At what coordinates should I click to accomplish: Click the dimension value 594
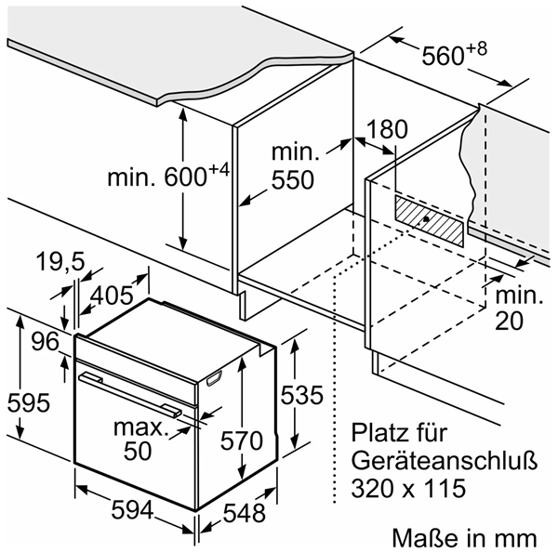[132, 510]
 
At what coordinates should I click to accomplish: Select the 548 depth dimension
[244, 513]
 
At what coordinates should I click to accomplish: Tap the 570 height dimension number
[241, 441]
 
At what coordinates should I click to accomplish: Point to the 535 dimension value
[301, 395]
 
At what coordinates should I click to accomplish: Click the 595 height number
[29, 403]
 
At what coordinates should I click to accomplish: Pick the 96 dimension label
[45, 342]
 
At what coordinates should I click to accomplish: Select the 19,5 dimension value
[60, 262]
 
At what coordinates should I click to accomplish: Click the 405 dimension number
[112, 296]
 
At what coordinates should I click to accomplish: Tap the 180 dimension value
[387, 129]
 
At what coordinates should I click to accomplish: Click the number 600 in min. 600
[185, 177]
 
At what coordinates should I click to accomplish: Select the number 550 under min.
[293, 179]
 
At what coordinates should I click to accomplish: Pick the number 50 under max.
[138, 451]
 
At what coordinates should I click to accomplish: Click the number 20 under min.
[510, 321]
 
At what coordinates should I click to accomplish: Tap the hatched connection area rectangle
[429, 220]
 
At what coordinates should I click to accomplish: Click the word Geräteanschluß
[445, 461]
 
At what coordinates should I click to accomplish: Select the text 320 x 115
[408, 488]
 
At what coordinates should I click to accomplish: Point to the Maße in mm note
[464, 538]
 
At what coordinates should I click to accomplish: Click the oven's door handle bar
[130, 394]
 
